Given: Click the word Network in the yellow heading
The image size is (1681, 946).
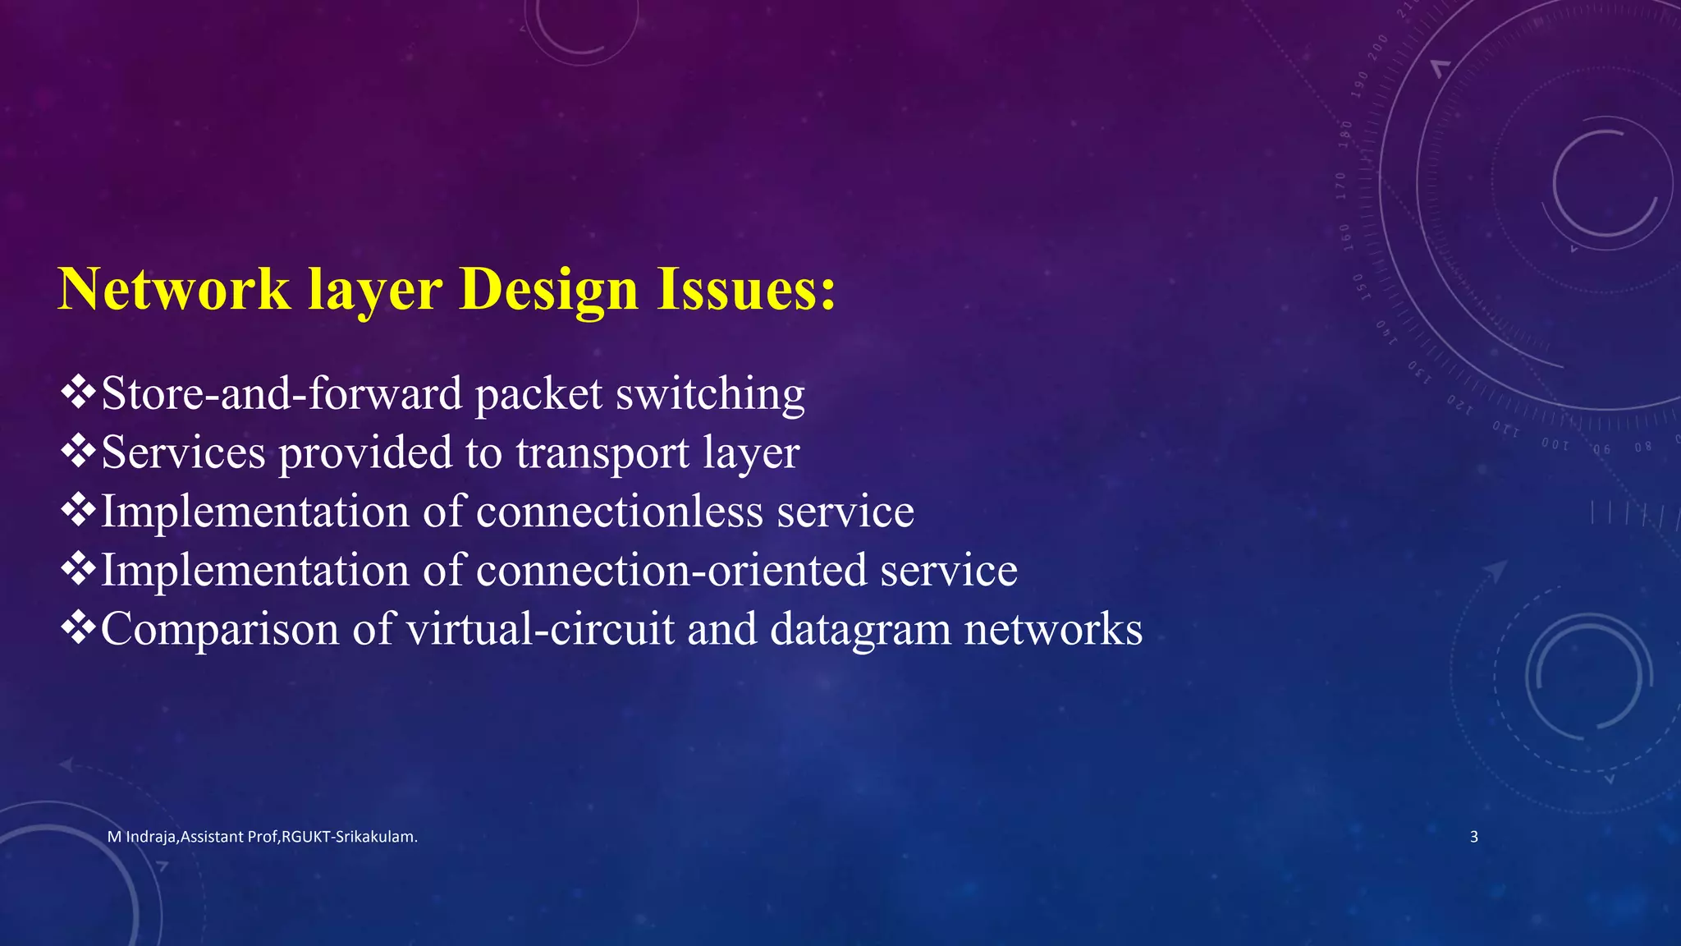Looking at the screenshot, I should [x=174, y=289].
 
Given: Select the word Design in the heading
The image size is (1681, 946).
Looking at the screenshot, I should [x=549, y=289].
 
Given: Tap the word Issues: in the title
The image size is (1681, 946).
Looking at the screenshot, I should [x=746, y=289].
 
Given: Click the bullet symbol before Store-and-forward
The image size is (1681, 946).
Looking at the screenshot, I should [x=78, y=392].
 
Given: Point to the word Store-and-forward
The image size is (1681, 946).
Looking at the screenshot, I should [x=282, y=393].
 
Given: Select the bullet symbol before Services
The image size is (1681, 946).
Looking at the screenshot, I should [x=78, y=451].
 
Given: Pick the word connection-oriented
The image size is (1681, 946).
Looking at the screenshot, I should [x=671, y=570].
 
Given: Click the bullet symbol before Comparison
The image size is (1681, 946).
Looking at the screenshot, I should [x=78, y=627].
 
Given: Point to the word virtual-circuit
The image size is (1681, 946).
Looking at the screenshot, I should [x=540, y=629].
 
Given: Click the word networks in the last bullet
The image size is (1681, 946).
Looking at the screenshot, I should [x=1053, y=629].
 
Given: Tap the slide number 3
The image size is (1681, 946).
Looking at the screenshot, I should [x=1474, y=837].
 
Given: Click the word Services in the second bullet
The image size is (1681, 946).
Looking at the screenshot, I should [x=183, y=452].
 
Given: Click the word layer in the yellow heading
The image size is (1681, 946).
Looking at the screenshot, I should [x=375, y=291].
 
